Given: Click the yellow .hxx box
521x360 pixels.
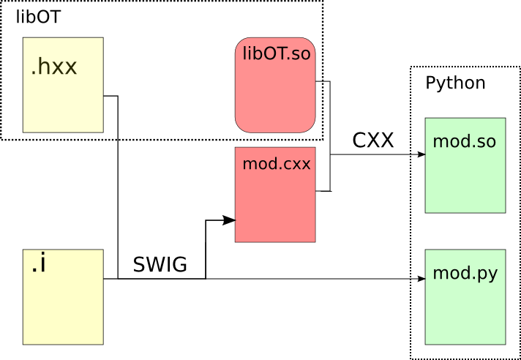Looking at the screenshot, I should (63, 85).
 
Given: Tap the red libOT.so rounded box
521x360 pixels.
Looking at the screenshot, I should (275, 85).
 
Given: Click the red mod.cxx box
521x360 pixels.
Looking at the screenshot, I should (275, 195).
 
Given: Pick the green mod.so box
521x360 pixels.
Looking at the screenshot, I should (465, 165).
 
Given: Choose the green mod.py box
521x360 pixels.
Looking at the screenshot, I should (465, 297).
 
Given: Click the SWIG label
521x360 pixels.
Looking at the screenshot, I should (160, 265).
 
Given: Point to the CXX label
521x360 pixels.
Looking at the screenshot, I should (372, 140).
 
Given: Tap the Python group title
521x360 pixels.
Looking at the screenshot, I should (455, 83).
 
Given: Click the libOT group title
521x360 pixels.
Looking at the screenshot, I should (39, 17).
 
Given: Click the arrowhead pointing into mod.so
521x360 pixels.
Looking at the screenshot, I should (421, 154).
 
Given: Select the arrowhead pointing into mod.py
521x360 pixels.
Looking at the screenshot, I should (421, 279).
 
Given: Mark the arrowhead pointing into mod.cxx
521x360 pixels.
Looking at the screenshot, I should (230, 220).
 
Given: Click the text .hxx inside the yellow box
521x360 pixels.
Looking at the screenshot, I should (54, 68).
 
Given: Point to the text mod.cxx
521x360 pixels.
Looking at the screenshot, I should (277, 164).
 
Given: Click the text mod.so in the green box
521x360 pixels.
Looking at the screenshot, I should (465, 141).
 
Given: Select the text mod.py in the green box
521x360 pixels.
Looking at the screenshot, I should (465, 274).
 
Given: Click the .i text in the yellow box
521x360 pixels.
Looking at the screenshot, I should (39, 266).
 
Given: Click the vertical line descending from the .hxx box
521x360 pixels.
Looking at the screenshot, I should (118, 190).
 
